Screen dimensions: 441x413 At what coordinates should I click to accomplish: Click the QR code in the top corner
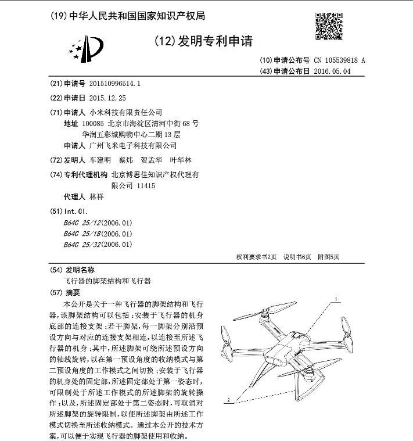point(329,27)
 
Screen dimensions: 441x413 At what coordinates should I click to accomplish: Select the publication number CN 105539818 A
point(339,60)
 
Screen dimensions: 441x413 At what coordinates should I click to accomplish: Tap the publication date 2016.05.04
point(332,71)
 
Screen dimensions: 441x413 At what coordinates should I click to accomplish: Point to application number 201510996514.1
point(116,84)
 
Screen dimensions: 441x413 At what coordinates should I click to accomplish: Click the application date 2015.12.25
point(108,98)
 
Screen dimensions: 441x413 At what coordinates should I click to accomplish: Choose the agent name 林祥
point(97,196)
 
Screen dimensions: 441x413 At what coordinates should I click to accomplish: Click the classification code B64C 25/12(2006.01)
point(98,223)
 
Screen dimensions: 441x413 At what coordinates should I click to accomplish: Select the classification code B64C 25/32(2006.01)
point(98,245)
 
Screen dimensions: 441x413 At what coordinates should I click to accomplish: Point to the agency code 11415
point(146,185)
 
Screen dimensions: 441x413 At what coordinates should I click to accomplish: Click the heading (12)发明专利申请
point(203,41)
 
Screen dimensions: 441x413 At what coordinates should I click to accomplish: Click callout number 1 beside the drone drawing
point(336,300)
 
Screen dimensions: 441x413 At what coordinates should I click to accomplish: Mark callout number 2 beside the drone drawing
point(229,400)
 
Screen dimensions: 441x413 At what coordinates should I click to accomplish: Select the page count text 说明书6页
point(297,256)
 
